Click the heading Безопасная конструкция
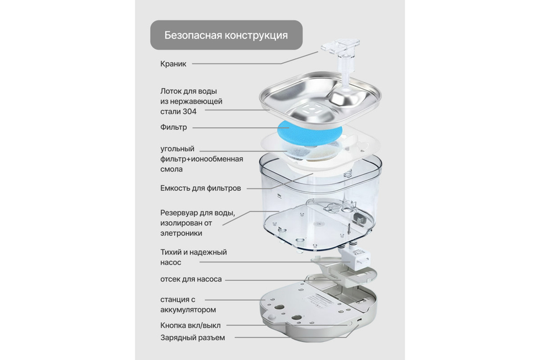[226, 36]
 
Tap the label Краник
[173, 64]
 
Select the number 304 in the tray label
[189, 111]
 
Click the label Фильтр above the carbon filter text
[173, 127]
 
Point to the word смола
[172, 169]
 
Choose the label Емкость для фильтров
[200, 188]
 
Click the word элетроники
[181, 233]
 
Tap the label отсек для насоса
[191, 279]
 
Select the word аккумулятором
[188, 309]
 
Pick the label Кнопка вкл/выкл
[190, 325]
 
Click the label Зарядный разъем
[192, 338]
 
